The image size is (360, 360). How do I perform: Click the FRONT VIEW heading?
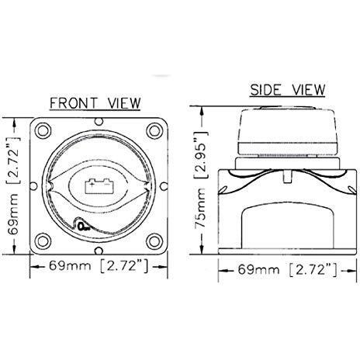coord(95,103)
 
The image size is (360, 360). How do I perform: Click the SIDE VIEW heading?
coord(287,90)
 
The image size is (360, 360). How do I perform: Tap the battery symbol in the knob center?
coord(99,186)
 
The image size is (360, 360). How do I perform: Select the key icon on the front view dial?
coord(84,227)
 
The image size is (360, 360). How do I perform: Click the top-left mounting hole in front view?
coord(43,131)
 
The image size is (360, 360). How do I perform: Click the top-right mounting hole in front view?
coord(154,131)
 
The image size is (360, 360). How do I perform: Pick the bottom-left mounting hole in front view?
coord(43,241)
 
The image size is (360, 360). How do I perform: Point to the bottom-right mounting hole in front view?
coord(154,241)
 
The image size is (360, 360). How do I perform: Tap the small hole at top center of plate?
coord(99,122)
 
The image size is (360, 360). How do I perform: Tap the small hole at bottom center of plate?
coord(99,251)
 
